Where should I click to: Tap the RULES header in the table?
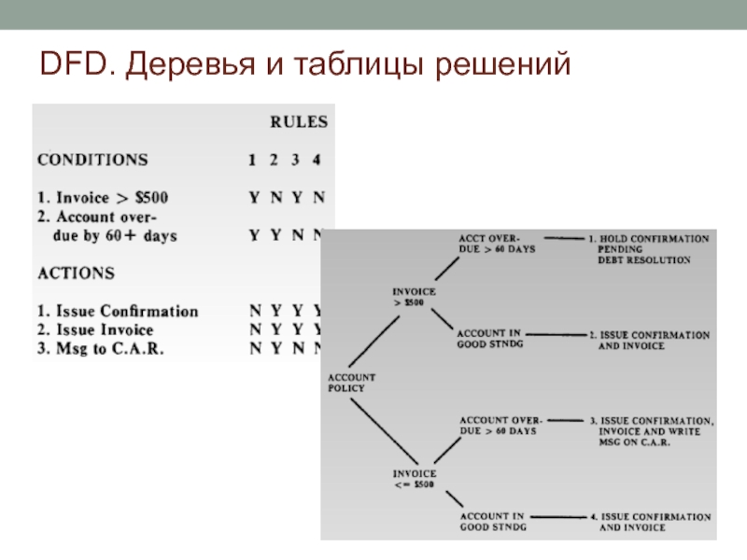coord(299,122)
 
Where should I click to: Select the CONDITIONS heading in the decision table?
coord(92,160)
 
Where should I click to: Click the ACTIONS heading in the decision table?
coord(76,273)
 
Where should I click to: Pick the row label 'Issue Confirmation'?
coord(118,311)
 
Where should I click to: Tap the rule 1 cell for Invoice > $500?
coord(253,198)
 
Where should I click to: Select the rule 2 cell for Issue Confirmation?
coord(274,311)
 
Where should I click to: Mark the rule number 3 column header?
coord(295,160)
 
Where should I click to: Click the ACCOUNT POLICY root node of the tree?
coord(351,383)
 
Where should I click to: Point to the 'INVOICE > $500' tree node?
coord(414,298)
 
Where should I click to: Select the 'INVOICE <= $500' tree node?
coord(414,479)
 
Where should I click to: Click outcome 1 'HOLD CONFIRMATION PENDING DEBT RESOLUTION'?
coord(650,249)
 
